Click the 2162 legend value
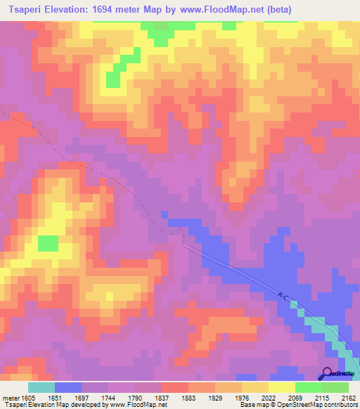tap(347, 397)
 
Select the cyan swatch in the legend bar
tap(41, 387)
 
